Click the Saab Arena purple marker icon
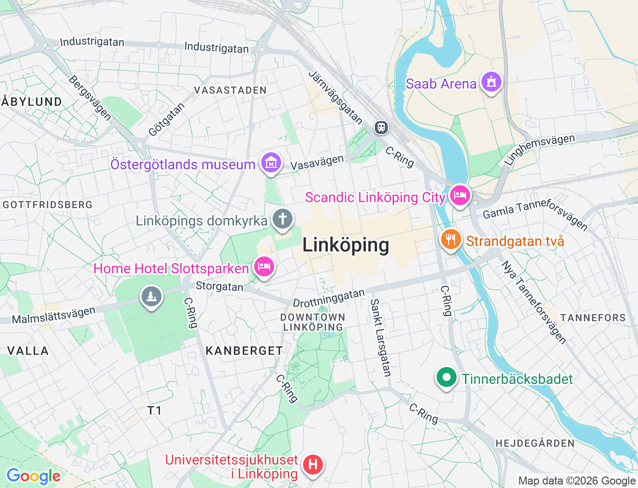491,82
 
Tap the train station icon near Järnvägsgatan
381,127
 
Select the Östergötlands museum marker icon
271,162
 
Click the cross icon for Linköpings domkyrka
283,219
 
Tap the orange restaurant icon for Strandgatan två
451,240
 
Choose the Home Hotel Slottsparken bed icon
264,266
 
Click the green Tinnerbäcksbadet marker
446,377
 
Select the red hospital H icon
313,465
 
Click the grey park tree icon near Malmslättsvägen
151,296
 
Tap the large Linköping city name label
345,245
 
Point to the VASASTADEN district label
230,90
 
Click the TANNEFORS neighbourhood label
593,318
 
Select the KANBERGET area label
244,351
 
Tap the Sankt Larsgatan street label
380,337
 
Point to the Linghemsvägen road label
539,149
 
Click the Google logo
33,476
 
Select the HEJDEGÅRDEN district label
535,443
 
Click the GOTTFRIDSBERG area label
48,205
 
